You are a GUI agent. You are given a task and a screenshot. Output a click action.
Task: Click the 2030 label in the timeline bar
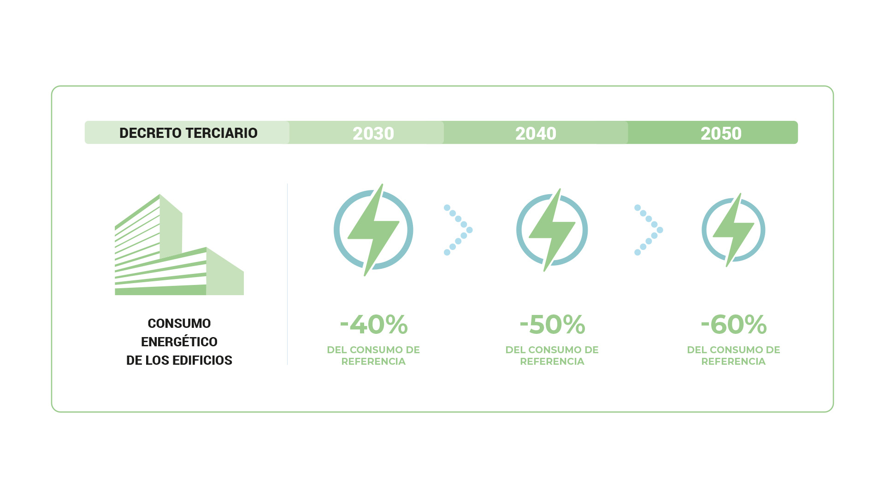click(x=373, y=134)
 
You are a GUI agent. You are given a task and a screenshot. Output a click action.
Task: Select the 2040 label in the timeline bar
click(x=536, y=134)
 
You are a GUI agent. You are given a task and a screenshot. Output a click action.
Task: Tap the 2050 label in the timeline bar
click(x=721, y=134)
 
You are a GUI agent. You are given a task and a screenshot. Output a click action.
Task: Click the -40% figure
click(x=374, y=324)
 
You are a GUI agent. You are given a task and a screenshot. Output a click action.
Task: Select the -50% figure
click(x=552, y=324)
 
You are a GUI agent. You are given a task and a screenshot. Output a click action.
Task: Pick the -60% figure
click(x=734, y=324)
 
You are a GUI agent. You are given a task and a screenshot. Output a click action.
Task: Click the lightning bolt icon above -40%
click(x=373, y=230)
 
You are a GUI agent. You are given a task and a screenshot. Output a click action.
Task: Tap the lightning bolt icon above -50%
click(x=552, y=230)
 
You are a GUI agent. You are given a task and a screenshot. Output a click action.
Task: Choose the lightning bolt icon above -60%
click(x=733, y=230)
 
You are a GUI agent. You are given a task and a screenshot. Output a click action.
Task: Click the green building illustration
click(x=179, y=244)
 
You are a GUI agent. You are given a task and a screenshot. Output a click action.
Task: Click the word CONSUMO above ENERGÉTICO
click(x=179, y=324)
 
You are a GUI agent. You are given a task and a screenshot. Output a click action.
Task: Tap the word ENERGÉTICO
click(x=179, y=341)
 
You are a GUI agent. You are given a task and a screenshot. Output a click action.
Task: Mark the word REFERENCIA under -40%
click(x=373, y=362)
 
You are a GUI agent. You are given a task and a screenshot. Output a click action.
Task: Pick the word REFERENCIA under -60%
click(x=733, y=362)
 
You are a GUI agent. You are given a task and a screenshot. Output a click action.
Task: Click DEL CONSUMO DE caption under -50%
click(x=552, y=350)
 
